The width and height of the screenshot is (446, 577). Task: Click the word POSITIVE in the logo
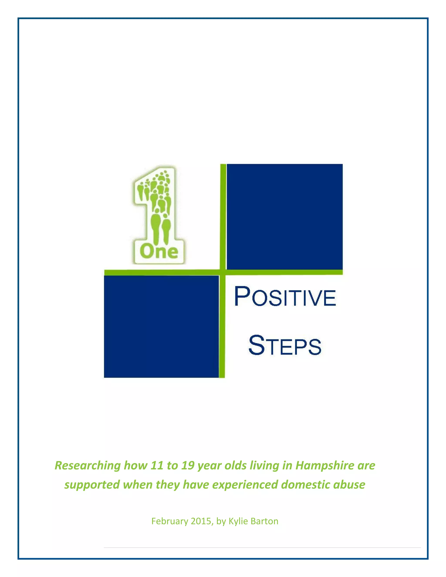[x=285, y=297]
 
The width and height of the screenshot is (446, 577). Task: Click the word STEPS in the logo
[x=285, y=345]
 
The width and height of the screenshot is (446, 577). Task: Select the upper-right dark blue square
[x=285, y=217]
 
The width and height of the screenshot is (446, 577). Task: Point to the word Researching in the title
[x=88, y=466]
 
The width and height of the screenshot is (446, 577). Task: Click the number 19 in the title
[x=188, y=466]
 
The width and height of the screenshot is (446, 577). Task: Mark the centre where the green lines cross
[x=223, y=272]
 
